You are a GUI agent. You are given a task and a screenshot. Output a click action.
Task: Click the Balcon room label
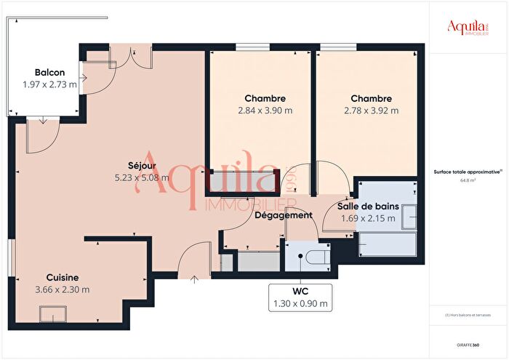(49, 73)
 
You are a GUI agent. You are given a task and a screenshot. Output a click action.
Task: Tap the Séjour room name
(142, 165)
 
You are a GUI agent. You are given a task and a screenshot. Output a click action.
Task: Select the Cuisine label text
(63, 277)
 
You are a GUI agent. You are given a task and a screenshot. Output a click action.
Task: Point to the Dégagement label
(284, 215)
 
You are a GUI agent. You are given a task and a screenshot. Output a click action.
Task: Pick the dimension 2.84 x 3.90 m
(265, 111)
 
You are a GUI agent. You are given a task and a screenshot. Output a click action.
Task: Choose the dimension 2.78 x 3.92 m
(371, 111)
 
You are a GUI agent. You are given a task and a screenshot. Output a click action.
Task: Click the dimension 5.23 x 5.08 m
(142, 177)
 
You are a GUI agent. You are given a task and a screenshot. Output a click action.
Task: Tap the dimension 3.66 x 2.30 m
(63, 289)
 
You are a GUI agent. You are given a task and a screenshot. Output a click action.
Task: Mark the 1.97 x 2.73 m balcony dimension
(49, 84)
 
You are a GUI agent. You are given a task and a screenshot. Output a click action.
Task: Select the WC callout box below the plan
(300, 297)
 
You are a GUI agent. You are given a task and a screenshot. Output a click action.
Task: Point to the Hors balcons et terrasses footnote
(468, 315)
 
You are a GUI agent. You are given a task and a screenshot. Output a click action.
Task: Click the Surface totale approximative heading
(467, 172)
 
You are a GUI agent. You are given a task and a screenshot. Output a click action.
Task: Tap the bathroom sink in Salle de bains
(411, 217)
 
